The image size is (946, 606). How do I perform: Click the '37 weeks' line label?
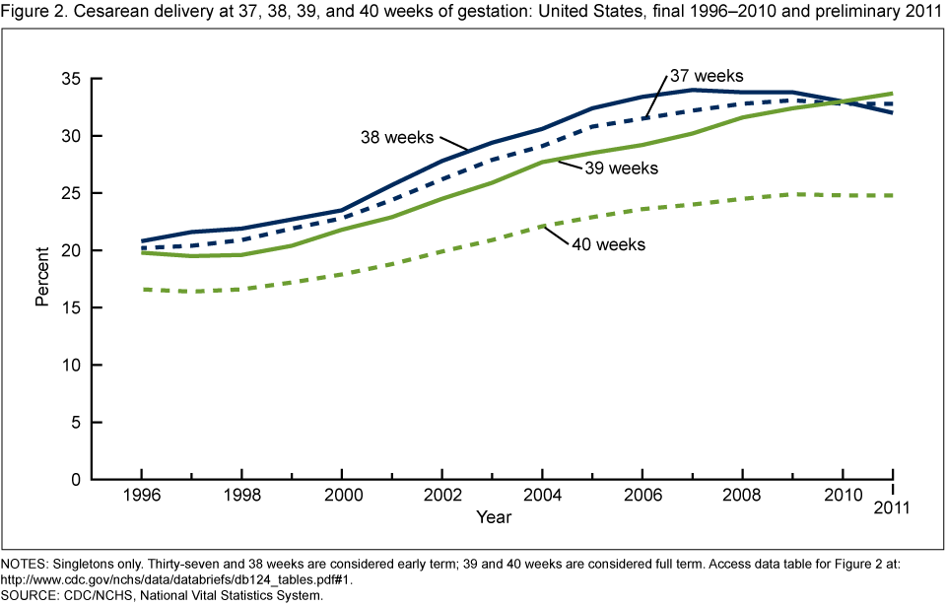706,76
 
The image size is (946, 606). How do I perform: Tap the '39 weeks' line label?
622,168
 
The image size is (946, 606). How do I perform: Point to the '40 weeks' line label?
609,243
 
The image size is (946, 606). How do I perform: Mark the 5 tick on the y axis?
71,422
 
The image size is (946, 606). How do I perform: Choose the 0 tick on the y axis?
71,480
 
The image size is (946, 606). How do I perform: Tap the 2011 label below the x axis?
893,509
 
